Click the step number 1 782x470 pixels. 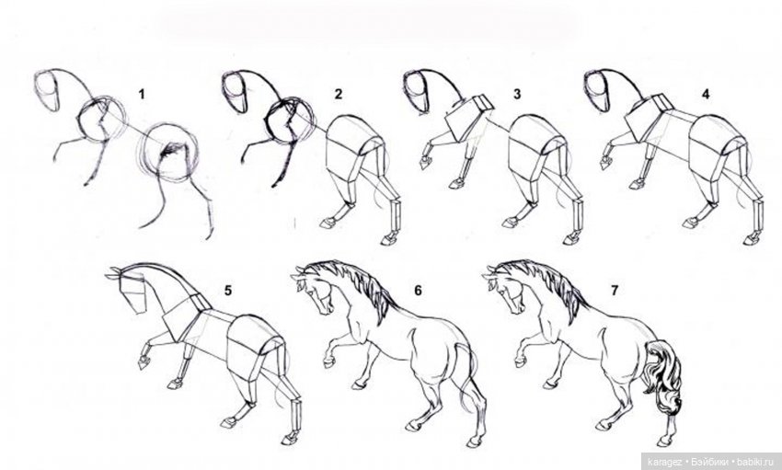(x=142, y=94)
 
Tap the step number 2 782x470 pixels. (x=339, y=94)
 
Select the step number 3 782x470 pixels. (x=517, y=94)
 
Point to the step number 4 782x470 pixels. (x=706, y=94)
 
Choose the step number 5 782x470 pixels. (x=228, y=290)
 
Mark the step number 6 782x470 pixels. (x=418, y=290)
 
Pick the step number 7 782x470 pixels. (x=615, y=290)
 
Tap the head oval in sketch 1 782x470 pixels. (x=47, y=91)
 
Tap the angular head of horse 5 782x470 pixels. (x=132, y=294)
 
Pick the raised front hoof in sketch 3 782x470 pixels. (x=425, y=163)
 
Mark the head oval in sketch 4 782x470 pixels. (x=597, y=91)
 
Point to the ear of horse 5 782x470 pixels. (x=114, y=272)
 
